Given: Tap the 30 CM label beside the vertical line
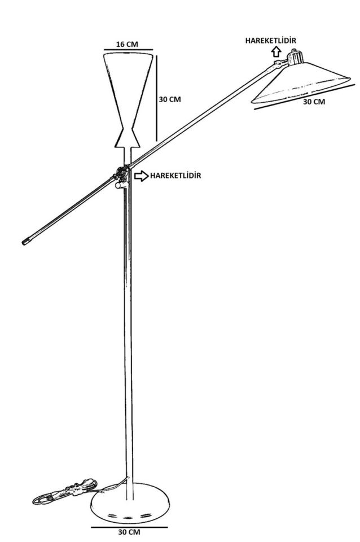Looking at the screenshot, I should coord(169,99).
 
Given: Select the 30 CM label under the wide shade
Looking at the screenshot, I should coord(314,102).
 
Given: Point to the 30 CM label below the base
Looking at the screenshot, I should coord(129,532).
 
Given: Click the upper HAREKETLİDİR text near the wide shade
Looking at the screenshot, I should coord(270,40).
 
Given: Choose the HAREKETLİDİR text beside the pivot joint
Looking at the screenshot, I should coord(175,176).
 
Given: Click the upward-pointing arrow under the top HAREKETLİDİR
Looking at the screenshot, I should coord(276,52).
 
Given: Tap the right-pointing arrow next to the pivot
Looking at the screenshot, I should coord(141,176).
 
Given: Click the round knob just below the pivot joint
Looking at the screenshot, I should coord(118,185).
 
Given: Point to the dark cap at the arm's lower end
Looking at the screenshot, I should coord(25,242).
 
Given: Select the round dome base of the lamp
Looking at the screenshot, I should coord(130,501).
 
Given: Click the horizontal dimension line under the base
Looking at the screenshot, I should coord(129,526).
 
